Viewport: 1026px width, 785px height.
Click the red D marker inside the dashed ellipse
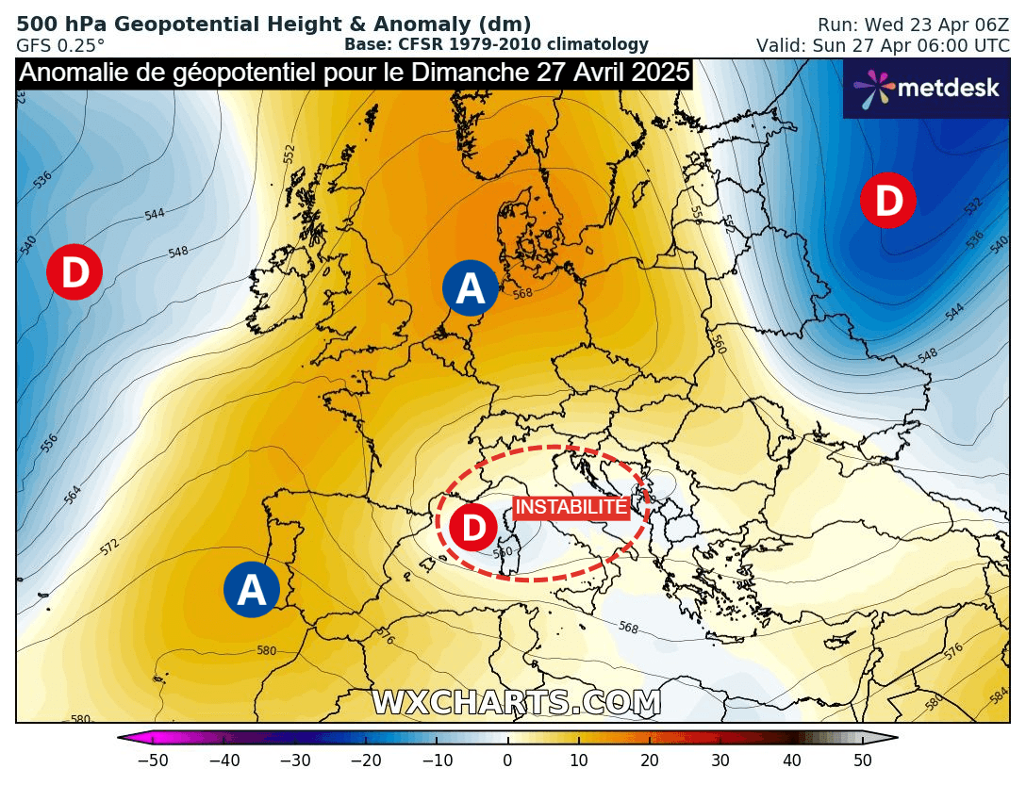coord(472,528)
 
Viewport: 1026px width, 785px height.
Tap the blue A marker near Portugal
coord(252,590)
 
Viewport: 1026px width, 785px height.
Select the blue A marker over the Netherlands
coord(471,288)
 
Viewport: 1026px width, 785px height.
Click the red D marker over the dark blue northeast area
coord(887,200)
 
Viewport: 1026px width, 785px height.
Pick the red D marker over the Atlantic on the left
coord(74,272)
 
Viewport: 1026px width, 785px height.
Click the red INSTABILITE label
coord(571,507)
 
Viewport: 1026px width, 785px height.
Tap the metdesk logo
coord(926,88)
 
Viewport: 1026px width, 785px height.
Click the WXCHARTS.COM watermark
coord(516,703)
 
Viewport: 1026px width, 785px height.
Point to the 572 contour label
coord(109,546)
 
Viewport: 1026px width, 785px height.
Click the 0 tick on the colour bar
coord(507,760)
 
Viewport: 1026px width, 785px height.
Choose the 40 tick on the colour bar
coord(792,760)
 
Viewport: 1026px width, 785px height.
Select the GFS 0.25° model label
coord(60,44)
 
